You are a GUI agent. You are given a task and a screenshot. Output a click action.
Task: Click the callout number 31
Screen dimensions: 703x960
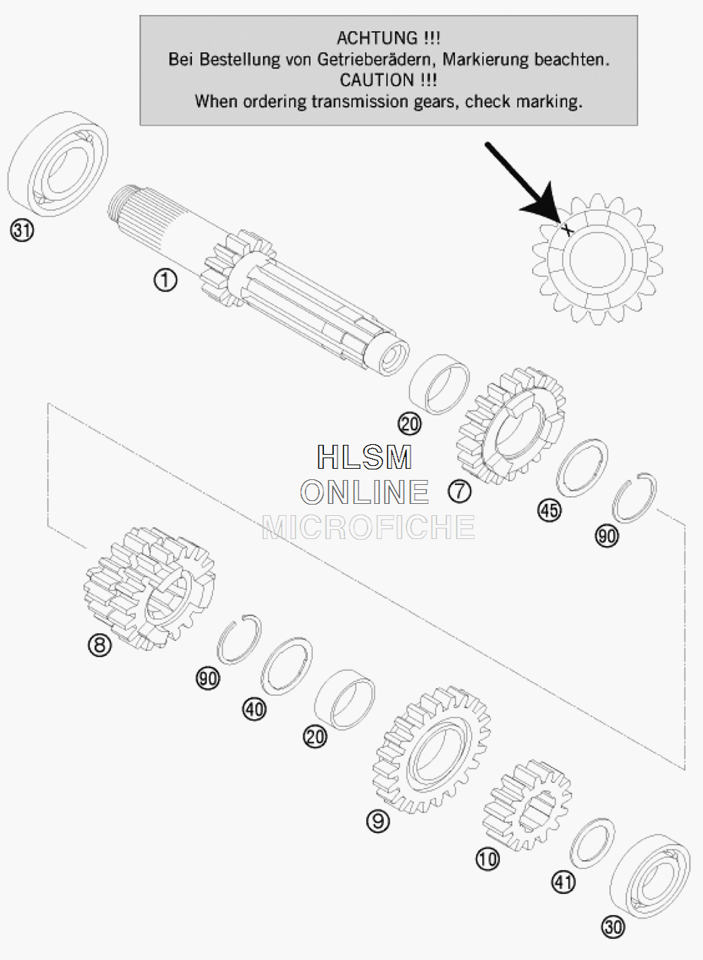point(22,230)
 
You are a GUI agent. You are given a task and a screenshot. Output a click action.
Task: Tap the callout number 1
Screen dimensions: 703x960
point(165,280)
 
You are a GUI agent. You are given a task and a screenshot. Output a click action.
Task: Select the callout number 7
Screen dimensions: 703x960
point(460,491)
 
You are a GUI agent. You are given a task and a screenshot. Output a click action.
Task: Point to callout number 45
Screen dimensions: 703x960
point(550,510)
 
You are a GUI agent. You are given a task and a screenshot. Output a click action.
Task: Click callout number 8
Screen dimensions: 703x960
point(99,644)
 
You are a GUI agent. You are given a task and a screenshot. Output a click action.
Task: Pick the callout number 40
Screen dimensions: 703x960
point(254,709)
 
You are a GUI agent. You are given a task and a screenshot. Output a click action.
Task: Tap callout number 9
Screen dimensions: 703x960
point(378,821)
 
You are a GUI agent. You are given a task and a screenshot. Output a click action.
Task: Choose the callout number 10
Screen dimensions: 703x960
point(487,859)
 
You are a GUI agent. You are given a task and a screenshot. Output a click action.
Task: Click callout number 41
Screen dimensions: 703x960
point(563,882)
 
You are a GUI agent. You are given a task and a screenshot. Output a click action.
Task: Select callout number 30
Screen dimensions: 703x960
point(613,927)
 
